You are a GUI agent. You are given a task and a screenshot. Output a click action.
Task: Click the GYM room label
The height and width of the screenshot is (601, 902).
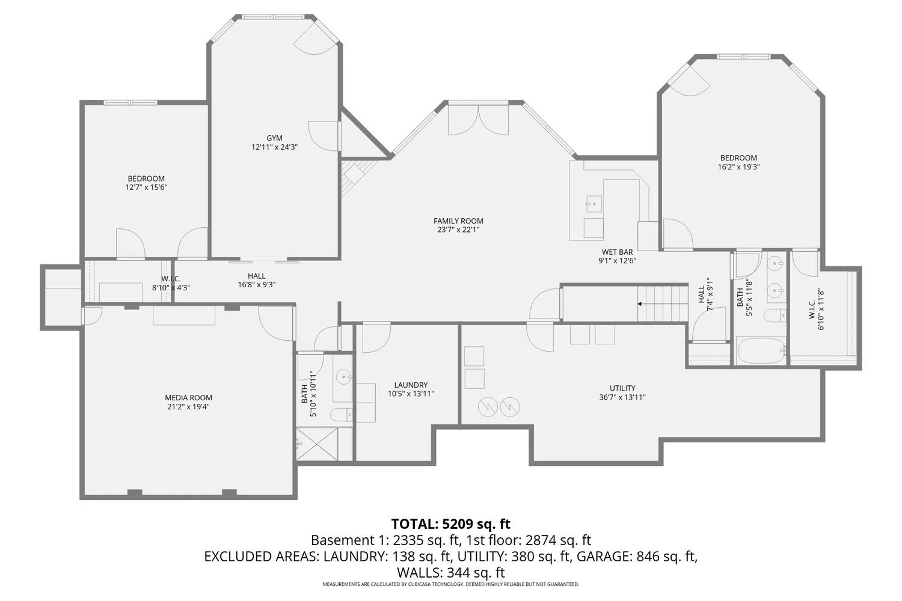tap(274, 138)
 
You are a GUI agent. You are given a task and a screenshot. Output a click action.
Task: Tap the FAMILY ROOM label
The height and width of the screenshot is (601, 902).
tap(458, 221)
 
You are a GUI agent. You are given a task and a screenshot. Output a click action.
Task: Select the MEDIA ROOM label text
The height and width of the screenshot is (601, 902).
tap(188, 398)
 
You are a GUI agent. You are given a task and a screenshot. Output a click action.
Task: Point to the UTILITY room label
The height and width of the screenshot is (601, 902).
tap(622, 388)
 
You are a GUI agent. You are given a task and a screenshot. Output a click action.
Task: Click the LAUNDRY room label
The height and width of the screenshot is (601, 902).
tap(411, 385)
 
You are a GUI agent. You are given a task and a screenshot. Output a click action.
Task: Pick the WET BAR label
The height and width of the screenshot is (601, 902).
tap(617, 252)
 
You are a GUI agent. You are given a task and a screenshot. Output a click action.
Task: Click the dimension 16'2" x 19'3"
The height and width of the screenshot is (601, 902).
tap(739, 168)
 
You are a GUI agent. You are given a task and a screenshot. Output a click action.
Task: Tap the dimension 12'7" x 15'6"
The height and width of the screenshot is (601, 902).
tap(146, 188)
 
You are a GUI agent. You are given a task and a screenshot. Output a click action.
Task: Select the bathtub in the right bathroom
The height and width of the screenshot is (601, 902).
tap(761, 350)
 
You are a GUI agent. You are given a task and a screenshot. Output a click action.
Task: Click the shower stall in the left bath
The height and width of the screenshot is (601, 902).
tap(317, 444)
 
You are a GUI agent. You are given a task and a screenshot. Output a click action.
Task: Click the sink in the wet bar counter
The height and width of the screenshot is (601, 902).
tap(594, 204)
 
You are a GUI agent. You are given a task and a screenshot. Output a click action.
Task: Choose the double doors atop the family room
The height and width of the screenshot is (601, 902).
tap(479, 120)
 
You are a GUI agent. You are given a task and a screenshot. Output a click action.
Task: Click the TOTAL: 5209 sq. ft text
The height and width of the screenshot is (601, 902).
tap(450, 523)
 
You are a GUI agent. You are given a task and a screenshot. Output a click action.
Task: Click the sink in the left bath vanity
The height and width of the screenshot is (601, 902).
tap(343, 377)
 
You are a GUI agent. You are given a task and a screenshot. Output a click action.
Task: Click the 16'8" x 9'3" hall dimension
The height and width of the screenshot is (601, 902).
tap(257, 285)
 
